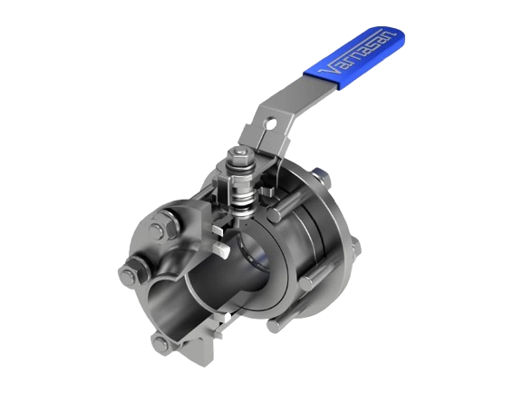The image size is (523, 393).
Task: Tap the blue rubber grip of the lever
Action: (x=354, y=56)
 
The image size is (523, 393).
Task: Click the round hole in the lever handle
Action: (x=271, y=122)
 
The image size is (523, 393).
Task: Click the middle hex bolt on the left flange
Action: (x=132, y=271)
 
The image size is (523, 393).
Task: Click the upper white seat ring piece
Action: (x=218, y=229)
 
